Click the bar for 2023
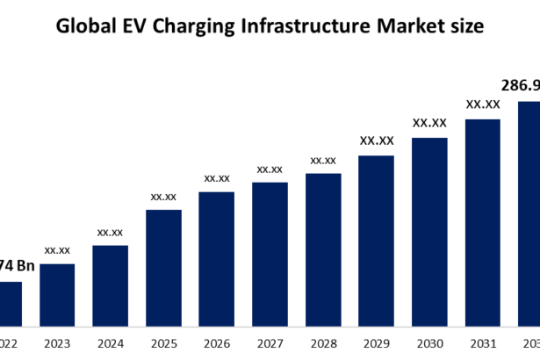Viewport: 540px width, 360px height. [x=57, y=295]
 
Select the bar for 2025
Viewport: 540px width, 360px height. [x=163, y=268]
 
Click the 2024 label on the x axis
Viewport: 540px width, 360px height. [x=110, y=344]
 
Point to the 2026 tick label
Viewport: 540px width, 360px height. [x=216, y=344]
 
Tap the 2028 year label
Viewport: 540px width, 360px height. [x=323, y=344]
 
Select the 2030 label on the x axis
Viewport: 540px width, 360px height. [x=429, y=344]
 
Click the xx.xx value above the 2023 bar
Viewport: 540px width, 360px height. [x=57, y=250]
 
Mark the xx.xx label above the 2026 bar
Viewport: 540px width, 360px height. [x=217, y=178]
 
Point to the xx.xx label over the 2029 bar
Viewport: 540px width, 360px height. [x=376, y=140]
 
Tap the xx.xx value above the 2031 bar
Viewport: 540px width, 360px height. [x=483, y=104]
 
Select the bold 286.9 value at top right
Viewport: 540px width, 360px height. [x=520, y=87]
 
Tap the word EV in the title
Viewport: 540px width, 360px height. [x=139, y=27]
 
